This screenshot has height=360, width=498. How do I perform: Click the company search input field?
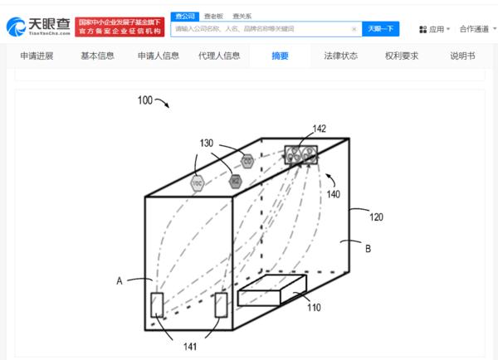click(x=261, y=29)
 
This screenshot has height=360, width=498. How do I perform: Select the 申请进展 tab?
click(x=38, y=56)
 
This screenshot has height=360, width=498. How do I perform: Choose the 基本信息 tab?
click(x=98, y=56)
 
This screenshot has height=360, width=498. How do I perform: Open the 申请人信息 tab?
click(x=159, y=56)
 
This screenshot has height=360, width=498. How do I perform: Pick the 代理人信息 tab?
click(x=219, y=56)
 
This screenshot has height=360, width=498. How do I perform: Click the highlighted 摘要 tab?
click(x=281, y=56)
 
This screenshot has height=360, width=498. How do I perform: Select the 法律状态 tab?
click(x=341, y=56)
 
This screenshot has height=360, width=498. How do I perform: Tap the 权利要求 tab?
click(x=402, y=56)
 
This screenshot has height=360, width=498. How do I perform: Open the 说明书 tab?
click(x=462, y=56)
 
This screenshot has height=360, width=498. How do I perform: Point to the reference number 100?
click(x=144, y=100)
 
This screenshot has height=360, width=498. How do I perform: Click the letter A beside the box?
click(x=120, y=281)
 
